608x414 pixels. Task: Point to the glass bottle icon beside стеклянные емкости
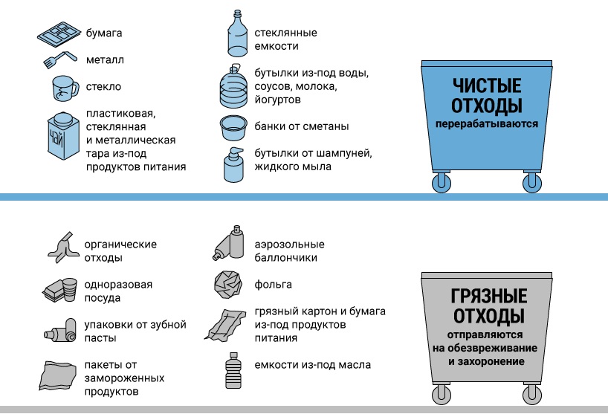pos(235,36)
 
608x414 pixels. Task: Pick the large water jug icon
pos(235,86)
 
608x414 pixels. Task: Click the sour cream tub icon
pos(235,128)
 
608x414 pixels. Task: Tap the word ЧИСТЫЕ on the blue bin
pos(486,85)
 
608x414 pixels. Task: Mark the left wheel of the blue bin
pos(442,181)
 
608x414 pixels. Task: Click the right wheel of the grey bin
pos(531,395)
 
